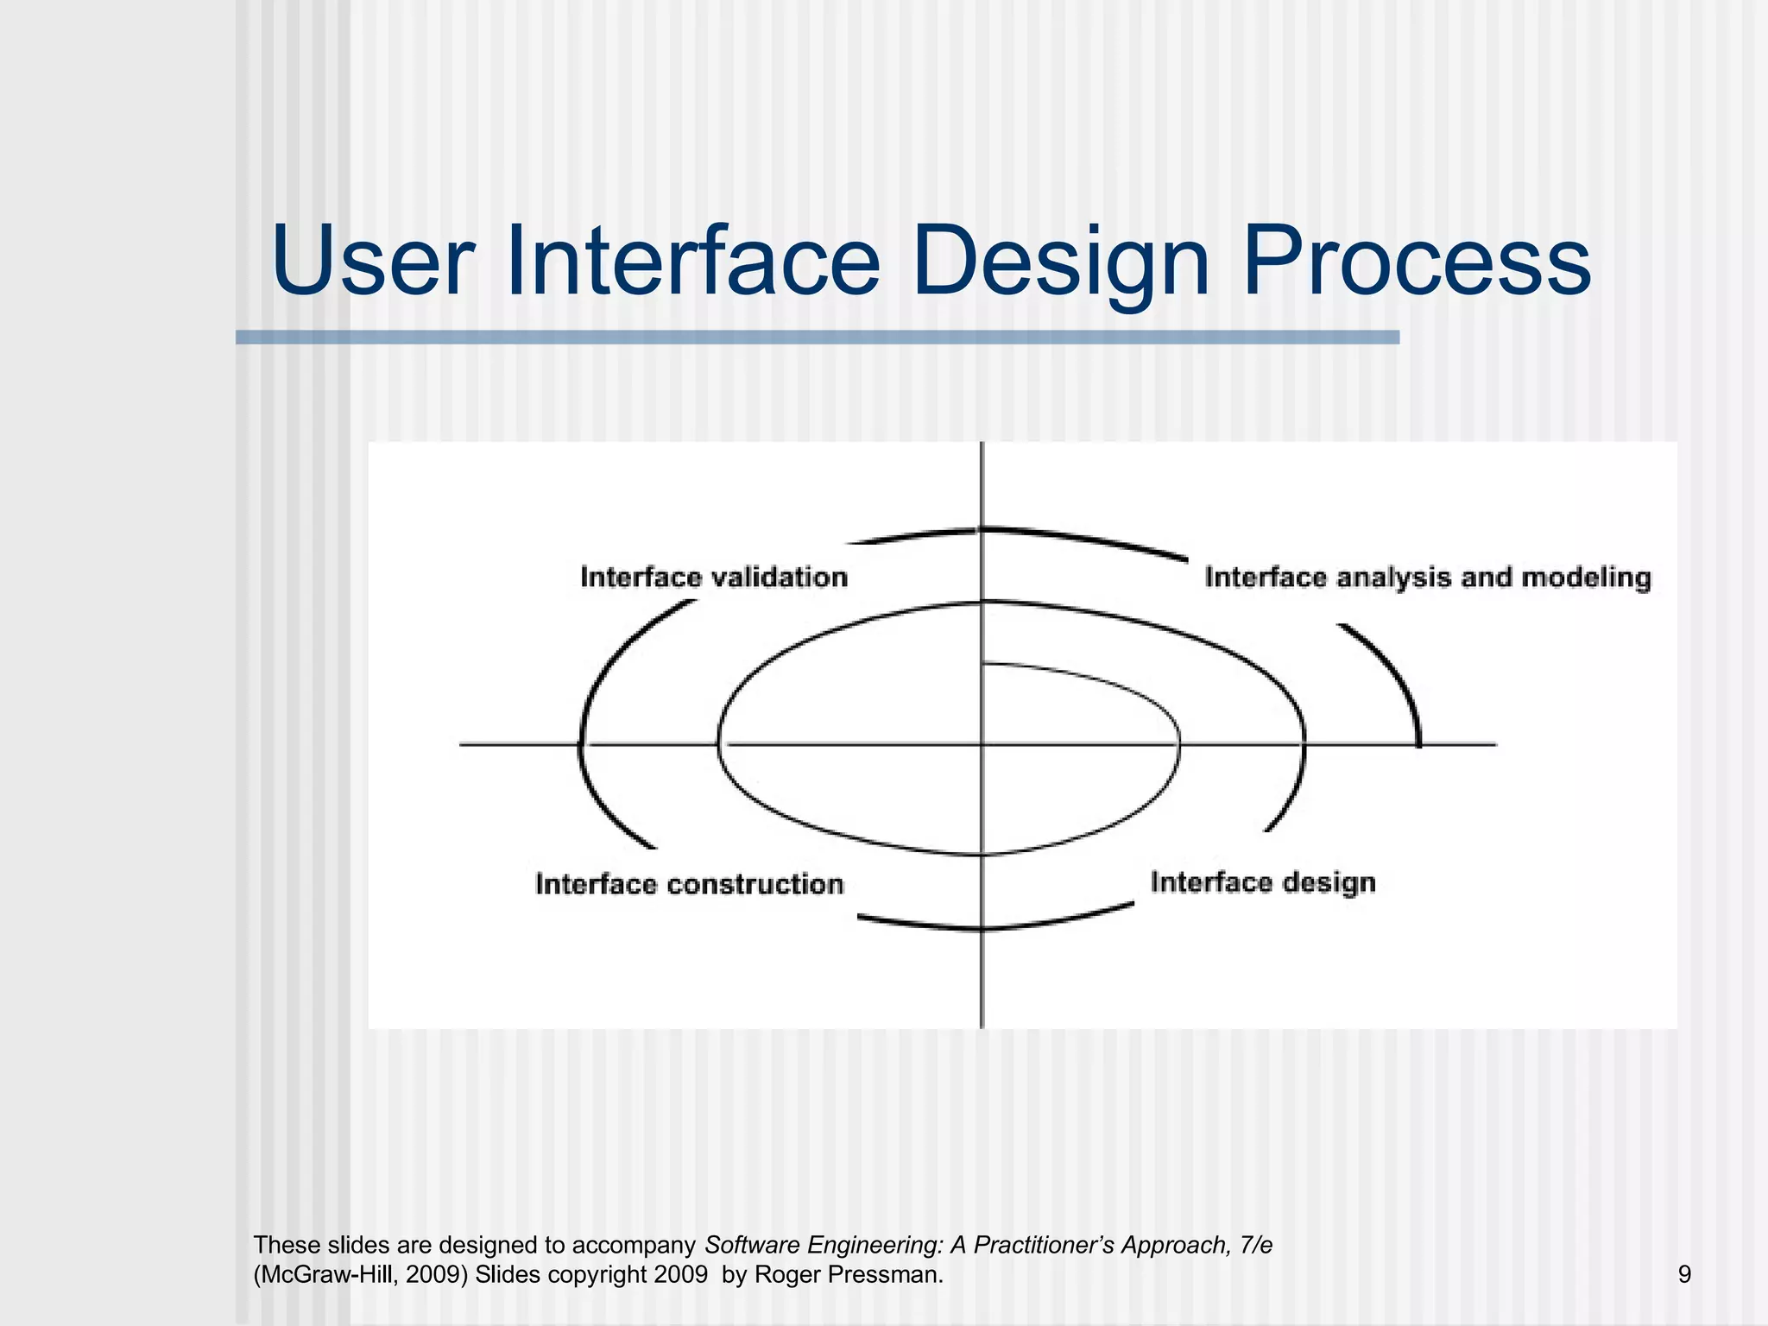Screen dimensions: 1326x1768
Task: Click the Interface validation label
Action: coord(714,577)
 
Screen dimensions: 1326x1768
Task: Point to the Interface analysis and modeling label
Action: coord(1427,577)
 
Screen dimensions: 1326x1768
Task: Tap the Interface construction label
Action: coord(689,884)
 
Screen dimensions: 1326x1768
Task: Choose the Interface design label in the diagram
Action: coord(1262,882)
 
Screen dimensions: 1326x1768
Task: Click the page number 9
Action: coord(1684,1274)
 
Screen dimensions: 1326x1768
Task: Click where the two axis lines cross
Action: coord(982,743)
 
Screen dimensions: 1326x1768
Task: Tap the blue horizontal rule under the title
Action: coord(817,338)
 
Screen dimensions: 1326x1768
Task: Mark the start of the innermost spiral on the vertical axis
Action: coord(983,664)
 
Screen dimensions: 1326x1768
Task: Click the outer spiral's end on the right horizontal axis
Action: coord(1418,743)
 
